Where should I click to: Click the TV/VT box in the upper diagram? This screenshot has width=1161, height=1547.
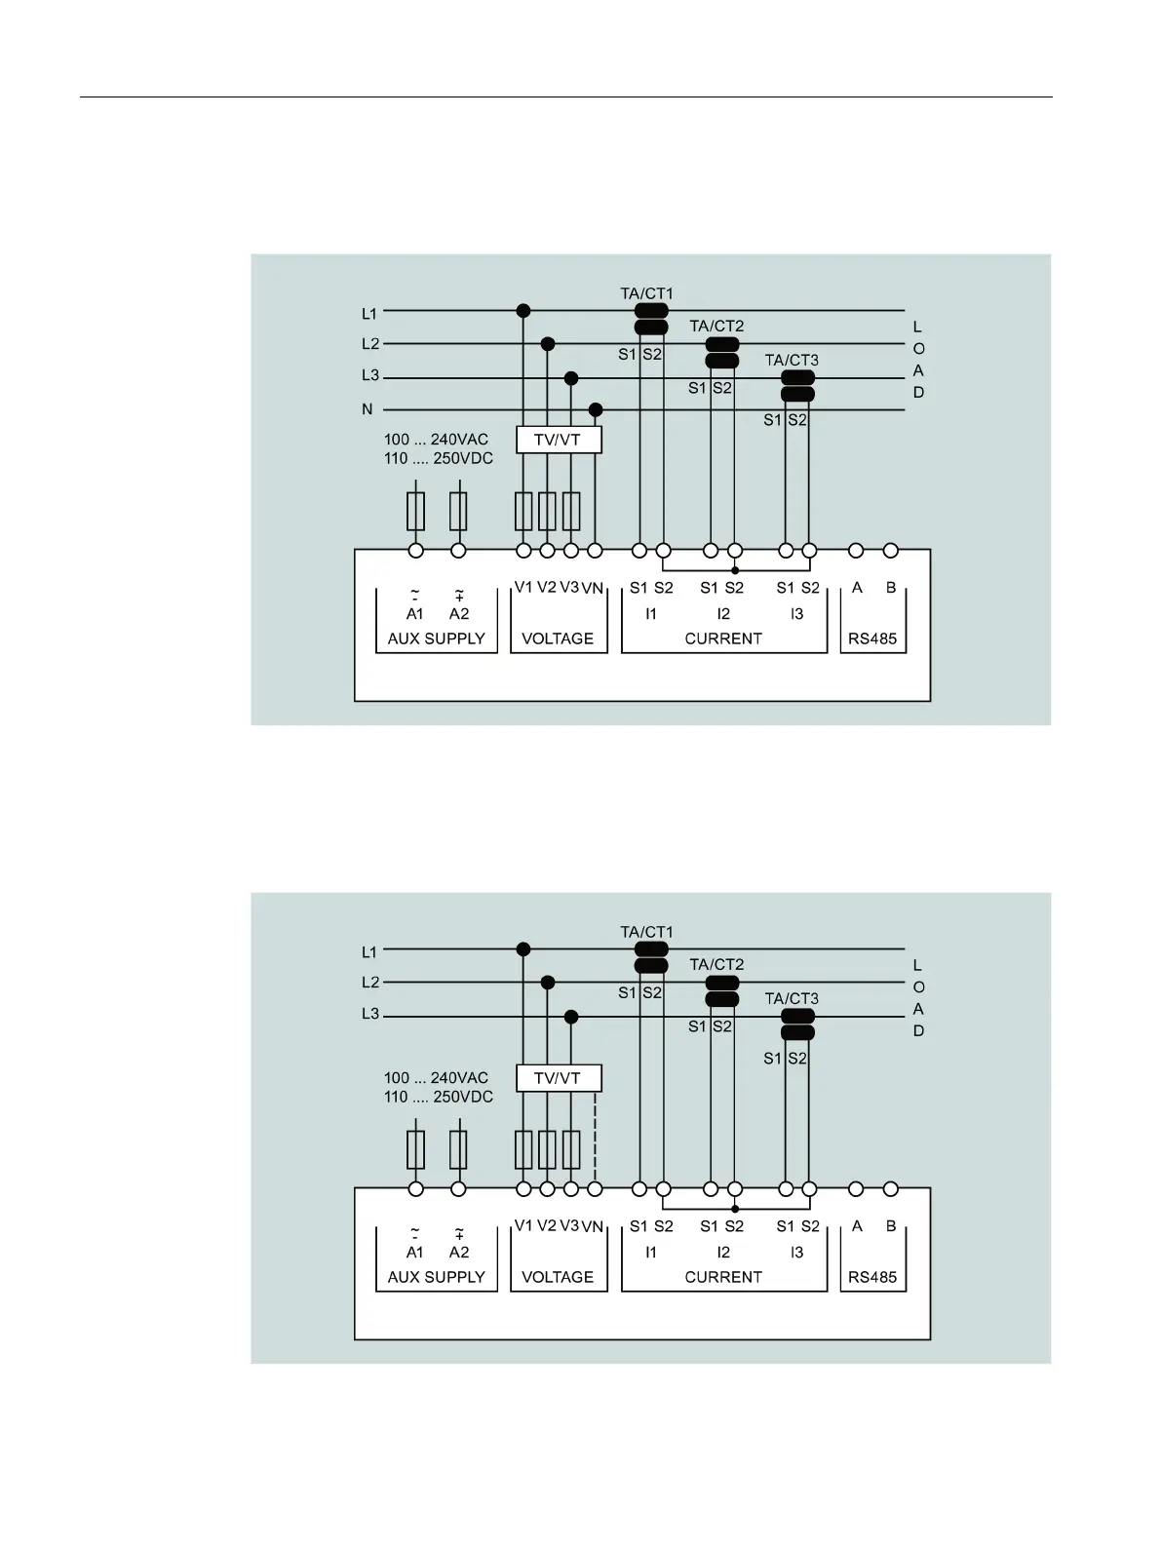(x=558, y=440)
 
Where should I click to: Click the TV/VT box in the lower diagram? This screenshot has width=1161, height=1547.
(x=558, y=1078)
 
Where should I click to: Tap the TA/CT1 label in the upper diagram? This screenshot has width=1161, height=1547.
(x=646, y=293)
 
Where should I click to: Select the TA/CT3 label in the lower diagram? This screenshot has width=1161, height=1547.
(x=792, y=998)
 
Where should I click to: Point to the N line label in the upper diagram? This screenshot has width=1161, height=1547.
(x=368, y=409)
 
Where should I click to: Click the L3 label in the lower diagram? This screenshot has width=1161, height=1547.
(x=369, y=1014)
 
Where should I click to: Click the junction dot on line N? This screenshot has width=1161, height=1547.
(x=596, y=409)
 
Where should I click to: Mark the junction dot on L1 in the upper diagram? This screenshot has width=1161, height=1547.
(x=523, y=311)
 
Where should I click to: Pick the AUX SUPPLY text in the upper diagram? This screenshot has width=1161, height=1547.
(x=436, y=638)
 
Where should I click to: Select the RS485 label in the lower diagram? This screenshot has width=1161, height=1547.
(x=872, y=1277)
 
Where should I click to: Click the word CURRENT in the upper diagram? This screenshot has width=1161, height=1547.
(x=723, y=638)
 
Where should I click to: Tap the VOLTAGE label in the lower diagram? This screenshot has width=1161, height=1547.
(x=558, y=1277)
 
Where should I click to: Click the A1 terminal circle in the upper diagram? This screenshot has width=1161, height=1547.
(x=416, y=551)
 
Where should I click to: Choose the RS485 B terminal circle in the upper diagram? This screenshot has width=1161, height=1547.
(x=891, y=551)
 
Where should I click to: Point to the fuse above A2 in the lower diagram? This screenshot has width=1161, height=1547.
(x=458, y=1149)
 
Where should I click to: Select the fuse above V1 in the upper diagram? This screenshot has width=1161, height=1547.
(x=523, y=511)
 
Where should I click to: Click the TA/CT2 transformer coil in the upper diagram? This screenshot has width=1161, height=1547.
(x=722, y=353)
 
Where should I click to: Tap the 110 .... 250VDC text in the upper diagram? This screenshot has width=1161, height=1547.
(x=439, y=458)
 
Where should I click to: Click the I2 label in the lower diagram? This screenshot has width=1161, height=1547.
(x=723, y=1252)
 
